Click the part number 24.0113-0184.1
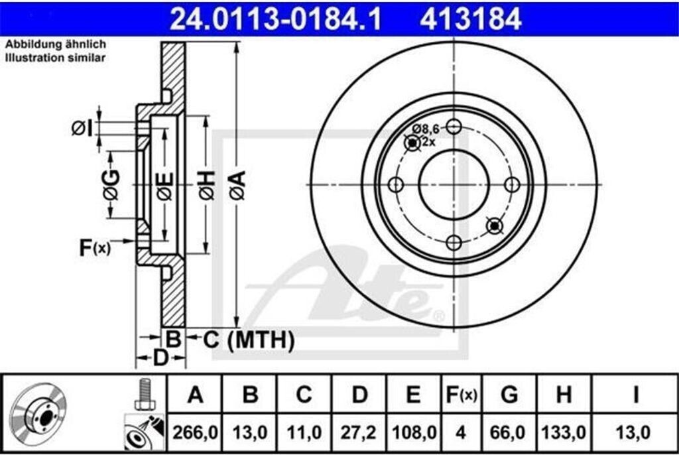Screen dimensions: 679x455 pos(275,19)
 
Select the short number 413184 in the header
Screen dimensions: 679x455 pos(471,19)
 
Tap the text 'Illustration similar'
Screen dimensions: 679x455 pos(55,58)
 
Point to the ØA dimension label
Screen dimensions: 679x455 pos(238,185)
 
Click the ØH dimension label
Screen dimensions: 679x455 pos(207,185)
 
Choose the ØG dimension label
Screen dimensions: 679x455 pos(111,185)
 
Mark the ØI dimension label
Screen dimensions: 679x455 pos(82,128)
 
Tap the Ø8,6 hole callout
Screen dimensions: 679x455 pos(426,129)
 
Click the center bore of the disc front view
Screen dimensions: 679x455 pos(454,184)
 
